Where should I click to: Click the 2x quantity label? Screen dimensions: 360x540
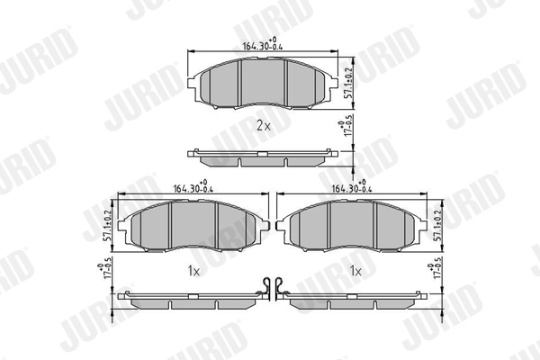point(263,126)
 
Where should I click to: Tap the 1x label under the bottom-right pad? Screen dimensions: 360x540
point(356,269)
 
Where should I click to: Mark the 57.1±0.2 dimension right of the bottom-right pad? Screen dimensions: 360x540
point(439,223)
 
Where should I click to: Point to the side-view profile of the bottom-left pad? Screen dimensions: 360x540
point(191,301)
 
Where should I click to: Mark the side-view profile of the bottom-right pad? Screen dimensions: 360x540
point(353,301)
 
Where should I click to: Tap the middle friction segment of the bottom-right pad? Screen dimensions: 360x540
point(353,224)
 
